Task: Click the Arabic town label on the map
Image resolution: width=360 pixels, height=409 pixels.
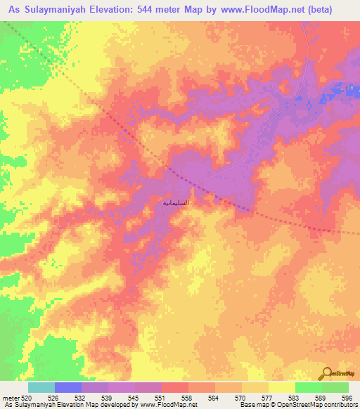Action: (x=176, y=202)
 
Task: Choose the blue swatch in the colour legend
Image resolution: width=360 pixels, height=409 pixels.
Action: (x=67, y=387)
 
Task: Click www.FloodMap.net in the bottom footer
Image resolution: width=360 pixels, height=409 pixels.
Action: (x=149, y=405)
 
